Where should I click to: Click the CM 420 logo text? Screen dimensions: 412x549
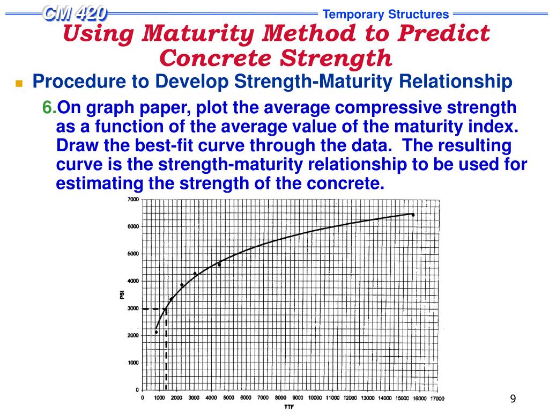75,13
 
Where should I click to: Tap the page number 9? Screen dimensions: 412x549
513,398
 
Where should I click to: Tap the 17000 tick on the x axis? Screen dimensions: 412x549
437,398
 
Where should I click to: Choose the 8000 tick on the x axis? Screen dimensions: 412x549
280,398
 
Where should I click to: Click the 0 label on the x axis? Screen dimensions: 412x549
142,398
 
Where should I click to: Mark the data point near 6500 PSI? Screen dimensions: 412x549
413,215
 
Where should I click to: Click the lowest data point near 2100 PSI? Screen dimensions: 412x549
156,332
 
